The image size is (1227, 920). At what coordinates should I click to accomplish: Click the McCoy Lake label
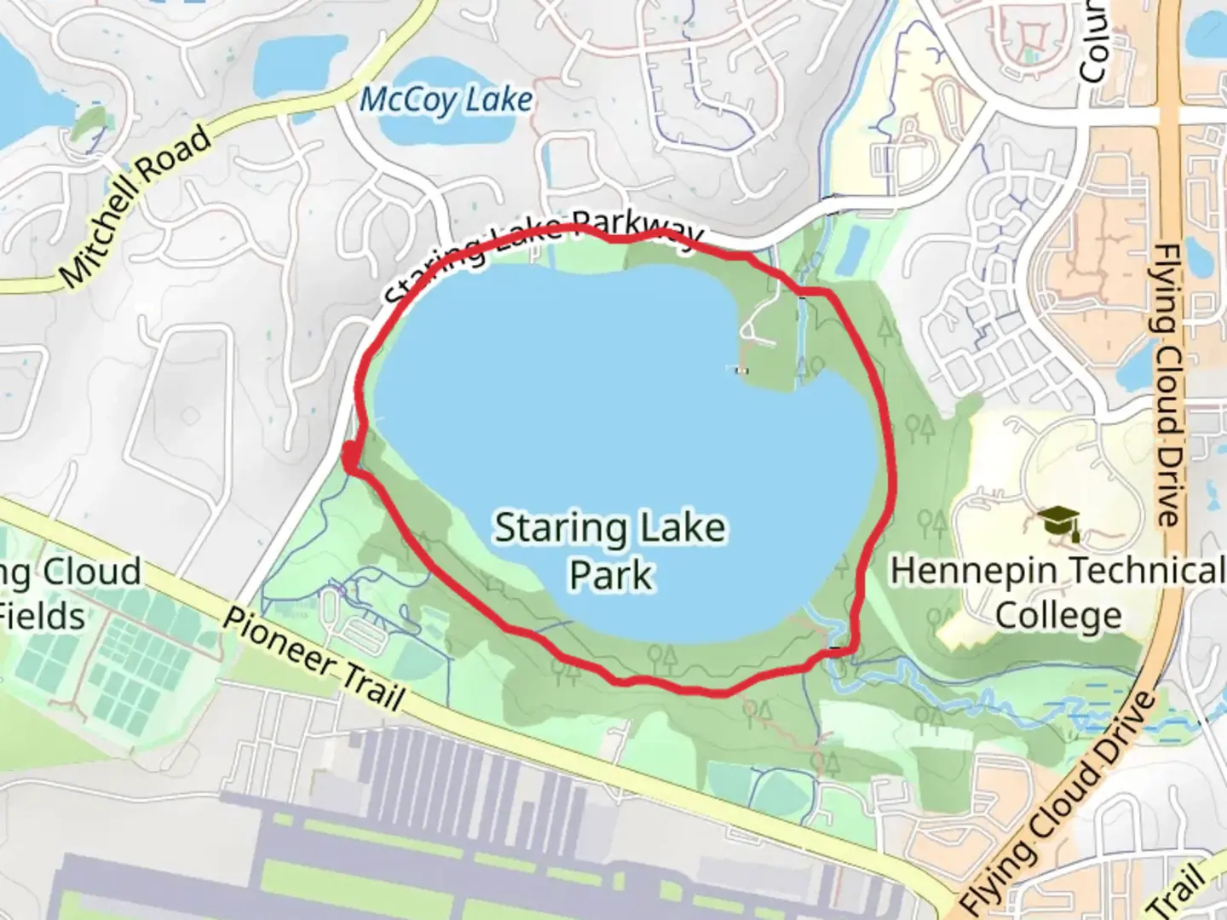pos(446,101)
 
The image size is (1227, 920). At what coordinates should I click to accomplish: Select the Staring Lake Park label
pos(610,550)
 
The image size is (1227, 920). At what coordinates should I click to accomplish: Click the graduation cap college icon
pos(1059,522)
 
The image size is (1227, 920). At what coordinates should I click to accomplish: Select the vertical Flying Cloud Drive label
pos(1167,383)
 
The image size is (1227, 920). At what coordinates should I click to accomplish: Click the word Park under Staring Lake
pos(610,575)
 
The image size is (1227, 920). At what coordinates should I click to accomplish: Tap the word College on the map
pos(1058,615)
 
